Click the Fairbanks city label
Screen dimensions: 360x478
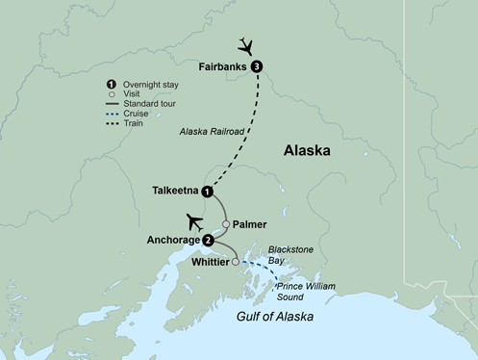click(222, 66)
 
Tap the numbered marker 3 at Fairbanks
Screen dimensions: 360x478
click(257, 66)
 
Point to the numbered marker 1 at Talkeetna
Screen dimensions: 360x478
click(207, 193)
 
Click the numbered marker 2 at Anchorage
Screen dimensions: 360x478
click(209, 240)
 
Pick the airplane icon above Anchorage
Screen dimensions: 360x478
click(193, 219)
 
